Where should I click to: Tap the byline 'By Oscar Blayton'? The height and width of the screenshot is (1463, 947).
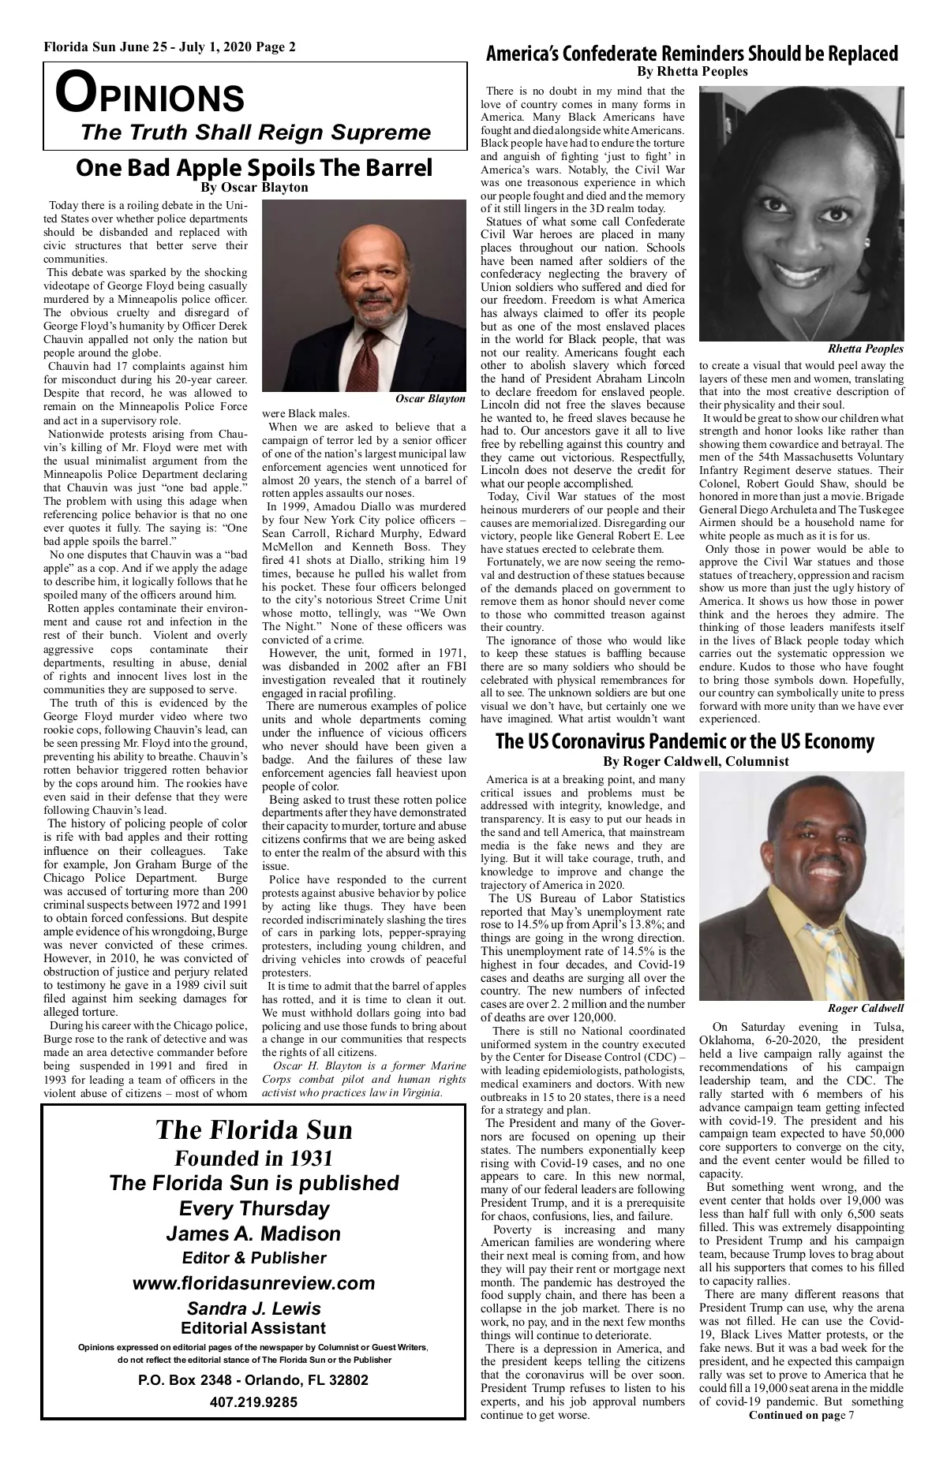(x=254, y=188)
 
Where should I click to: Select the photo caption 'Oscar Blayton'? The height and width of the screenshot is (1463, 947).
(x=430, y=399)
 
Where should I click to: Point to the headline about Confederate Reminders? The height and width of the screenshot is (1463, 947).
(x=691, y=54)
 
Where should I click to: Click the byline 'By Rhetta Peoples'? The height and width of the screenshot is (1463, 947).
(x=691, y=72)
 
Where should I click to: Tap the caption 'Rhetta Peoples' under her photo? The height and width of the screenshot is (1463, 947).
(x=866, y=349)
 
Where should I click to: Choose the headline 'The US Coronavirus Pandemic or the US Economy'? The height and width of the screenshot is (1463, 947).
(x=685, y=741)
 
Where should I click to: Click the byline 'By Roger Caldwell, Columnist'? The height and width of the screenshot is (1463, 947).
(x=695, y=761)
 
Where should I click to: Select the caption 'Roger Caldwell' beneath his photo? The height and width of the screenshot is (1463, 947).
(x=866, y=1009)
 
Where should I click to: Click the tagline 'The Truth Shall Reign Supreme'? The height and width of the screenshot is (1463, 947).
(x=256, y=132)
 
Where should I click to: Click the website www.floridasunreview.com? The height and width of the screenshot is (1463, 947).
(x=253, y=1283)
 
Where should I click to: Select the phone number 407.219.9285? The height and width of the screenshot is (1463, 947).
(x=253, y=1402)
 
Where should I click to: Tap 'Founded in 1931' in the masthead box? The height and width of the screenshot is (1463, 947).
(x=253, y=1158)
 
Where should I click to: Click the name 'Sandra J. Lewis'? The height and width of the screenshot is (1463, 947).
(x=253, y=1310)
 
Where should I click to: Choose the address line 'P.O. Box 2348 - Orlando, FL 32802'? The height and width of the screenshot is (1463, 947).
(x=253, y=1380)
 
